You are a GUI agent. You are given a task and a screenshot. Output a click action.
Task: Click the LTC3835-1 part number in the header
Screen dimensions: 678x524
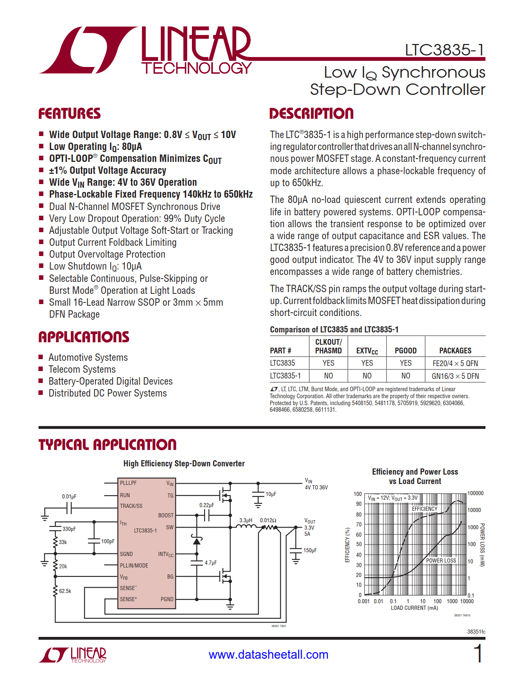click(x=445, y=50)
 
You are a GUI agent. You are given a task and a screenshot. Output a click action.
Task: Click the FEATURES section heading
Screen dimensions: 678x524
click(x=69, y=114)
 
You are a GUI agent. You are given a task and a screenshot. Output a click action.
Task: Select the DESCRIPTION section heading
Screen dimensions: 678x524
click(x=311, y=114)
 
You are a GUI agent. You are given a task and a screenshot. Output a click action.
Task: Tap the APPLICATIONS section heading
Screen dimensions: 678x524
click(x=84, y=337)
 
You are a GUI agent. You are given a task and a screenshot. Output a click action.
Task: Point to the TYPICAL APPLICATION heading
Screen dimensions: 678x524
click(x=107, y=445)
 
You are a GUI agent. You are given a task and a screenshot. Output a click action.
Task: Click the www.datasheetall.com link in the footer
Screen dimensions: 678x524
click(x=268, y=655)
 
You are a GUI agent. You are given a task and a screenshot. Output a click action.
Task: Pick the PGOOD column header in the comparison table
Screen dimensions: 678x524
click(x=406, y=351)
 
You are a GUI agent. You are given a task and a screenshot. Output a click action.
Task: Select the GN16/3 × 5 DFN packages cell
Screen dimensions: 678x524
click(x=455, y=376)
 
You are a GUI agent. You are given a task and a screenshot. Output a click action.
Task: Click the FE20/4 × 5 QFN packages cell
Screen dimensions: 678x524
click(x=455, y=363)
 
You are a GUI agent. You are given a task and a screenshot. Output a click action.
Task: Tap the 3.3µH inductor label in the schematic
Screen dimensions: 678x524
click(x=246, y=520)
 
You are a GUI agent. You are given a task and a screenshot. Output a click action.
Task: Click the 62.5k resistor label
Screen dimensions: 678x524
click(x=65, y=591)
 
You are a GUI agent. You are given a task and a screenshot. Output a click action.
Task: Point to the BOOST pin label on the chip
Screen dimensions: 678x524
click(x=166, y=515)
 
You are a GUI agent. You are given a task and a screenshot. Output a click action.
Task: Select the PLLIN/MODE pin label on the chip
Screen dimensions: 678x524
click(x=134, y=565)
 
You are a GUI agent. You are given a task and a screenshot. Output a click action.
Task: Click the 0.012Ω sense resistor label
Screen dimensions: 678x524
click(x=268, y=520)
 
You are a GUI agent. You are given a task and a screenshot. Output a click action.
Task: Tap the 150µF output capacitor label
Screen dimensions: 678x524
click(x=310, y=550)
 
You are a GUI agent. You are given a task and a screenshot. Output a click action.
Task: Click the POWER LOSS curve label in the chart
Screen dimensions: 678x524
click(x=441, y=560)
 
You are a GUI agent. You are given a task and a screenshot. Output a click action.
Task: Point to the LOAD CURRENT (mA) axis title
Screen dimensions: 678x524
click(x=414, y=608)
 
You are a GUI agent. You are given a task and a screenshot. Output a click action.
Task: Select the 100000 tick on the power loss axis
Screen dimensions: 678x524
click(x=476, y=493)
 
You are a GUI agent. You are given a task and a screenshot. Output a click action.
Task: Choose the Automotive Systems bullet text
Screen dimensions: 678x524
click(x=88, y=357)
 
